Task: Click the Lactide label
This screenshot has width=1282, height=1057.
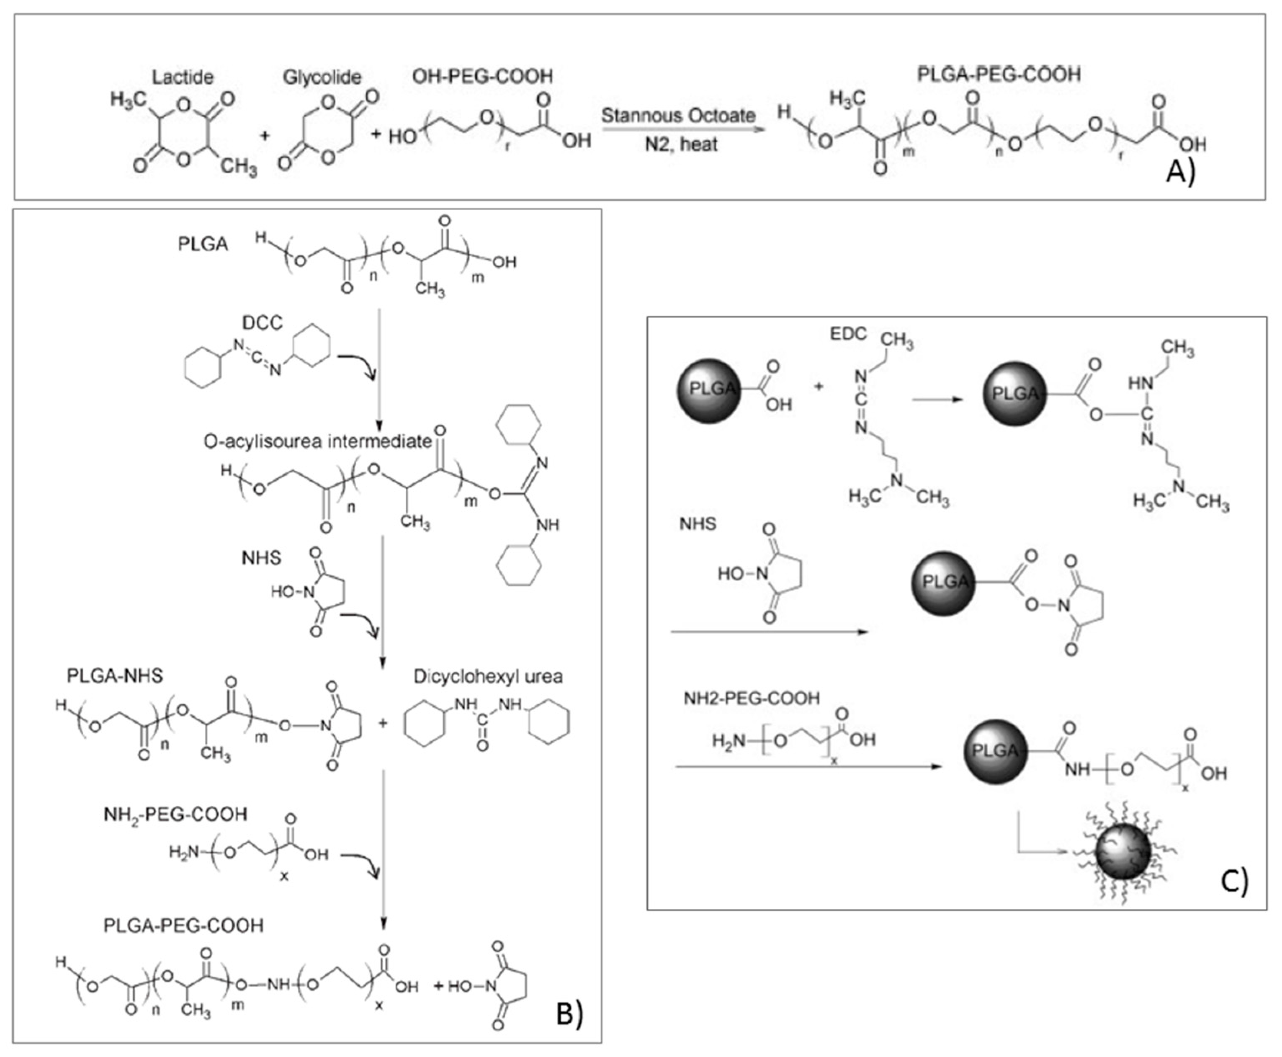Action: coord(183,77)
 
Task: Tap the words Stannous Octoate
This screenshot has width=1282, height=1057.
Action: coord(678,115)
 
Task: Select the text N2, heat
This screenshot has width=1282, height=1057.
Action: coord(681,144)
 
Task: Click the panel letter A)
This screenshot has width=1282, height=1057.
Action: coord(1180,172)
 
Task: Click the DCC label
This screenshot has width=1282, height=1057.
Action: coord(263,323)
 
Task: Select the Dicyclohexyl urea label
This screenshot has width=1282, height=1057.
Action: coord(488,676)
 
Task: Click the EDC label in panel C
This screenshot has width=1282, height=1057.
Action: coord(848,334)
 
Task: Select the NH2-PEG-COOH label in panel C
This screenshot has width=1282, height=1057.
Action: coord(751,698)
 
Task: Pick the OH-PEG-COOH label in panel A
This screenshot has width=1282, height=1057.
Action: coord(482,76)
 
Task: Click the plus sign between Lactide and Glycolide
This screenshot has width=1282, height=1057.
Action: coord(264,135)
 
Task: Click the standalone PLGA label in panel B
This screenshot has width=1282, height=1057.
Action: coord(203,244)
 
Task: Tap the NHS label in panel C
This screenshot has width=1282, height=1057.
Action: coord(698,523)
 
